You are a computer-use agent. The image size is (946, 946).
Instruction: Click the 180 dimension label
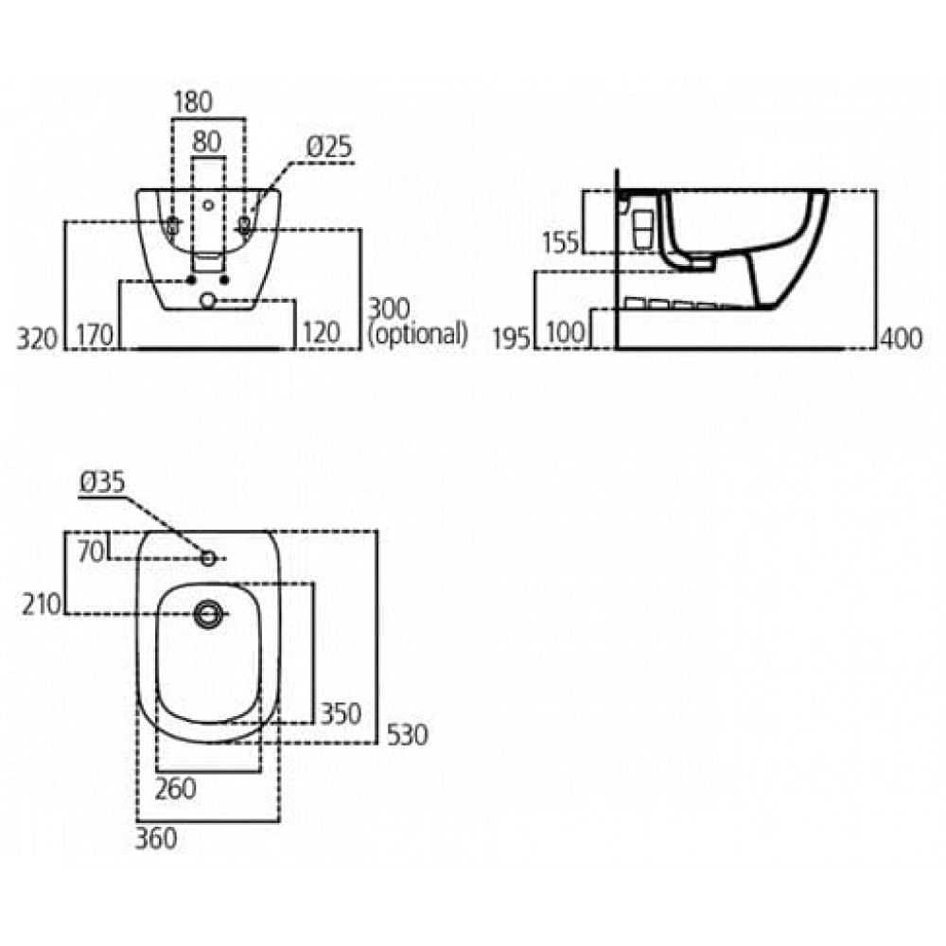pos(193,102)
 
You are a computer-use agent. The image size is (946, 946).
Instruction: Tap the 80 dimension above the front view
pos(207,142)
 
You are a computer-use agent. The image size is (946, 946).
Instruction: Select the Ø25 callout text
pos(329,147)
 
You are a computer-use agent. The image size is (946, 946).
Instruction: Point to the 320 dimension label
pos(37,339)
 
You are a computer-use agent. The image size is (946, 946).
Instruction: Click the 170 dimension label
pos(95,335)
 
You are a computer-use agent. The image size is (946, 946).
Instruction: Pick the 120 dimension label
pos(321,332)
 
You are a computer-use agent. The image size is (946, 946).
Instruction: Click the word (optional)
pos(417,334)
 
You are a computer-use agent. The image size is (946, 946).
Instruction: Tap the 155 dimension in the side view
pos(560,242)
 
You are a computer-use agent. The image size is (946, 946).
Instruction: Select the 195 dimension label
pos(512,338)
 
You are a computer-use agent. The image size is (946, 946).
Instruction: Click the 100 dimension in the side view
pos(566,332)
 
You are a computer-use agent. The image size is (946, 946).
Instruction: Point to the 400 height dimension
pos(902,339)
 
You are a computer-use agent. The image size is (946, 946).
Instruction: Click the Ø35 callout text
pos(102,482)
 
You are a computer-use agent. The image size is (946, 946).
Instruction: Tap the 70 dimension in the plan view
pos(91,552)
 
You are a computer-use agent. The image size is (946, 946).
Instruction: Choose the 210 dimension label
pos(42,604)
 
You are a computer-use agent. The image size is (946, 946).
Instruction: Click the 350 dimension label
pos(341,713)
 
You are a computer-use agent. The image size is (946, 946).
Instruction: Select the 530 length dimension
pos(407,735)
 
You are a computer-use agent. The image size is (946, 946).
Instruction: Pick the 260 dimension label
pos(176,789)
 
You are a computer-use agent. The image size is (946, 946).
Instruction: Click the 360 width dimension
pos(156,838)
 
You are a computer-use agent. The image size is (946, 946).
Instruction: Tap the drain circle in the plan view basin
pos(208,614)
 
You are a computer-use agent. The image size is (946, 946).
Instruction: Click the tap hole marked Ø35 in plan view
pos(208,559)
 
